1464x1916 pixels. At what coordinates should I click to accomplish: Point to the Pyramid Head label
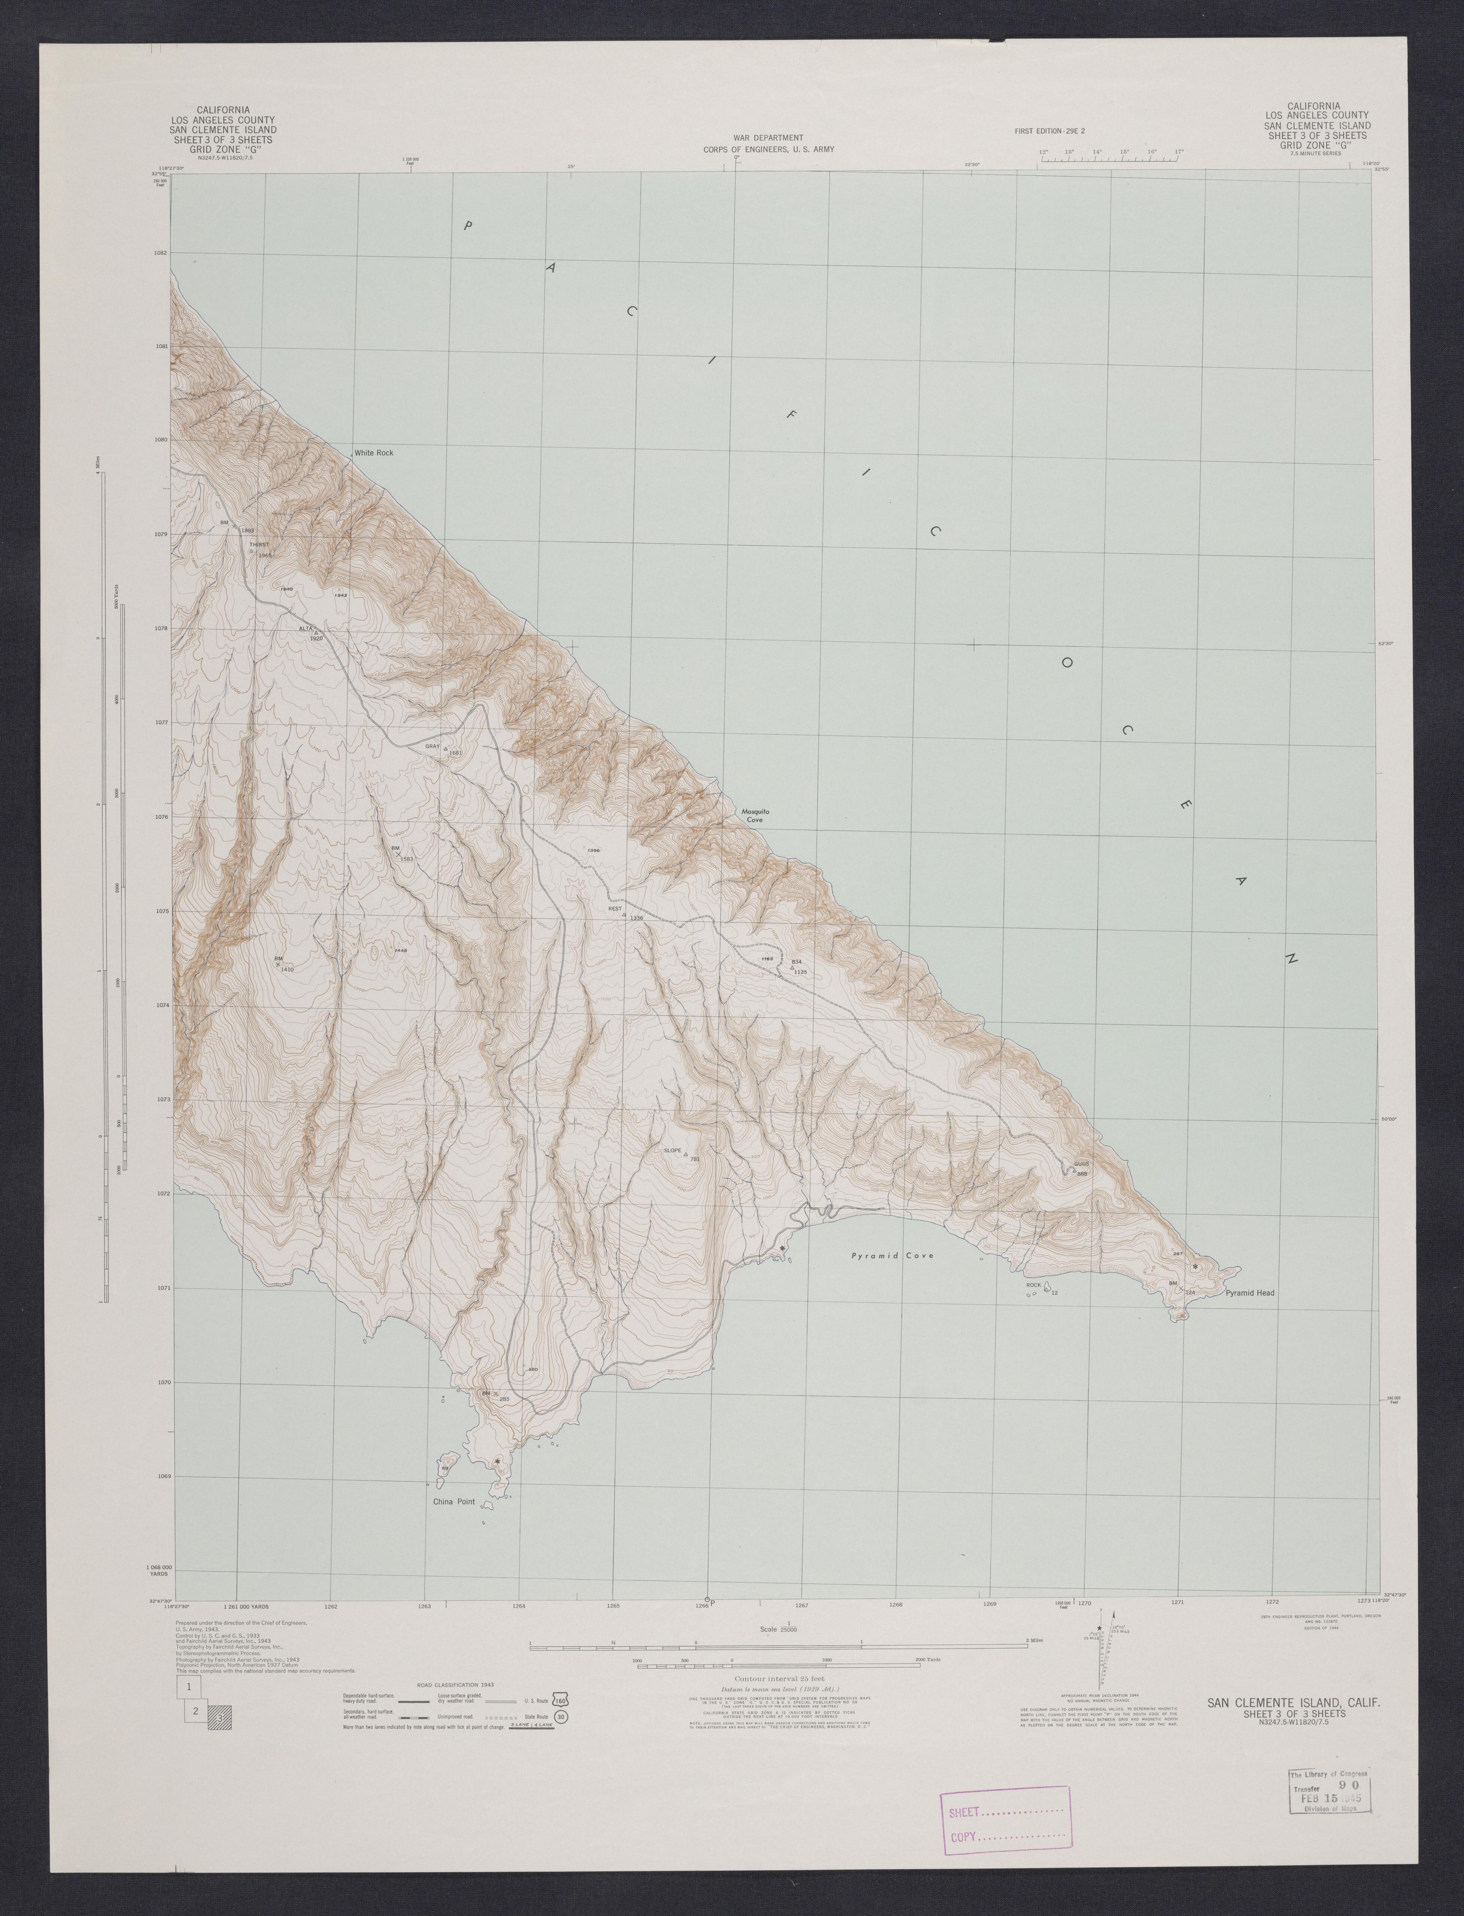(1249, 1293)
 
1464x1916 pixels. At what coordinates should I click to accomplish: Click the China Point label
(454, 1502)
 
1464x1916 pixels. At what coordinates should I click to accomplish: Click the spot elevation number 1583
(406, 860)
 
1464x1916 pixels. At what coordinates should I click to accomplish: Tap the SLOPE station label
(672, 1151)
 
